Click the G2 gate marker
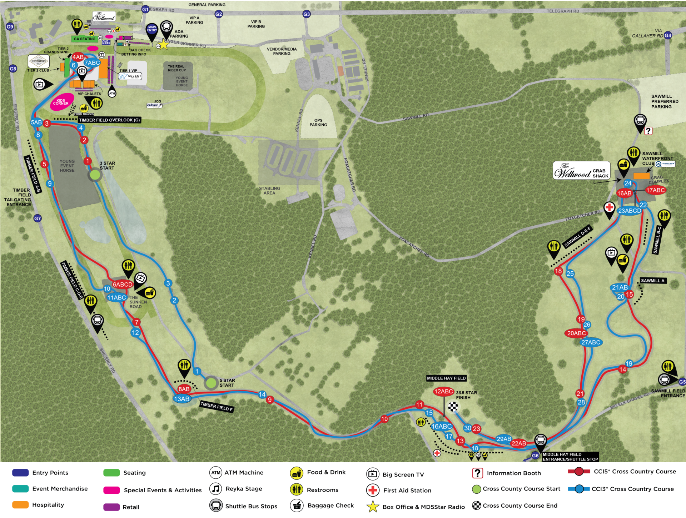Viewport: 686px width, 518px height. tap(219, 14)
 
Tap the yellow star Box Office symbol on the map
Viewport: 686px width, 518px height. tap(163, 45)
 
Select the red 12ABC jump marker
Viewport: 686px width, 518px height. tap(443, 392)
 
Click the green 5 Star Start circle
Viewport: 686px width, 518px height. tap(211, 383)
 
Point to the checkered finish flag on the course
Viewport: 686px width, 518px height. tap(453, 406)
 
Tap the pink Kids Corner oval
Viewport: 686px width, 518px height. tap(61, 102)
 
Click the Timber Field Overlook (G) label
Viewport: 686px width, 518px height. tap(109, 120)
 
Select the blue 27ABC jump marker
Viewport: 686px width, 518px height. tap(591, 342)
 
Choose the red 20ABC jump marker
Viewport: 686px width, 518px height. tap(576, 333)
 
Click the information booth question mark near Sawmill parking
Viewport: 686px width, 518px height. tap(648, 131)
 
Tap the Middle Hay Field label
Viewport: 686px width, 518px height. tap(446, 378)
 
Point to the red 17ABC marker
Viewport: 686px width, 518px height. tap(655, 190)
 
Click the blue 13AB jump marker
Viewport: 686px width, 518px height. tap(182, 399)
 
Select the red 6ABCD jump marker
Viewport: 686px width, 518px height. tap(123, 285)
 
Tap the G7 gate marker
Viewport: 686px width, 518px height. tap(38, 218)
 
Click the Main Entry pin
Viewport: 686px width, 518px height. tap(152, 29)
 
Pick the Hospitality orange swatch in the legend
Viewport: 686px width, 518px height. tap(20, 505)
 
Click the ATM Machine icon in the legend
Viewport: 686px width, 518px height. tap(216, 473)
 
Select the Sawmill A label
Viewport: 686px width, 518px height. tap(652, 281)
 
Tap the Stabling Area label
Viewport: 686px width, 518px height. tap(269, 191)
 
